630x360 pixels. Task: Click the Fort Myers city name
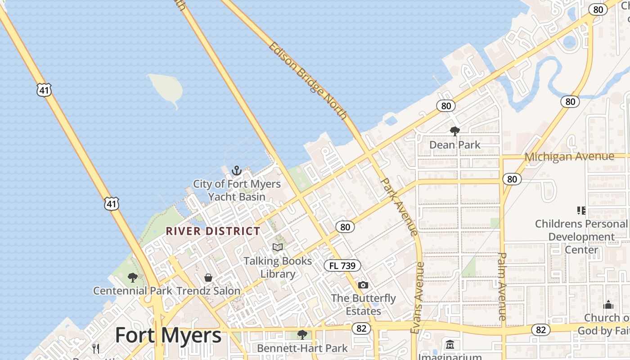(168, 336)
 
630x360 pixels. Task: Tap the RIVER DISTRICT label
(213, 231)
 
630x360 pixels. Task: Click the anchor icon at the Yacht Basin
(237, 171)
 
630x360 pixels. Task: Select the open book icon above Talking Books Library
(278, 247)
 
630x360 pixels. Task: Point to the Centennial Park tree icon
(132, 277)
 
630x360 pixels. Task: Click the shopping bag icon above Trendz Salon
(208, 278)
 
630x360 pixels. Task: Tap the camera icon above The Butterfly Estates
(363, 285)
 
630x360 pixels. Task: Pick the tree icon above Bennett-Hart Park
(302, 334)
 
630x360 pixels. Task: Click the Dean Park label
(454, 145)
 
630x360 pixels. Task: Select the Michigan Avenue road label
(569, 157)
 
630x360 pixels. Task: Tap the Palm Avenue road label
(502, 286)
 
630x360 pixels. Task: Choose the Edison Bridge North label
(308, 81)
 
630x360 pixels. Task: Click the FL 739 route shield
(342, 265)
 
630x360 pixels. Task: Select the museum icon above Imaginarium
(450, 345)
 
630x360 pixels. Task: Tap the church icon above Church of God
(608, 305)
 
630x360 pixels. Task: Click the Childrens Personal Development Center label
(581, 237)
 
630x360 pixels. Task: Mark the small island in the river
(166, 88)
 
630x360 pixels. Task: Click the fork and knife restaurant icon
(96, 348)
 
